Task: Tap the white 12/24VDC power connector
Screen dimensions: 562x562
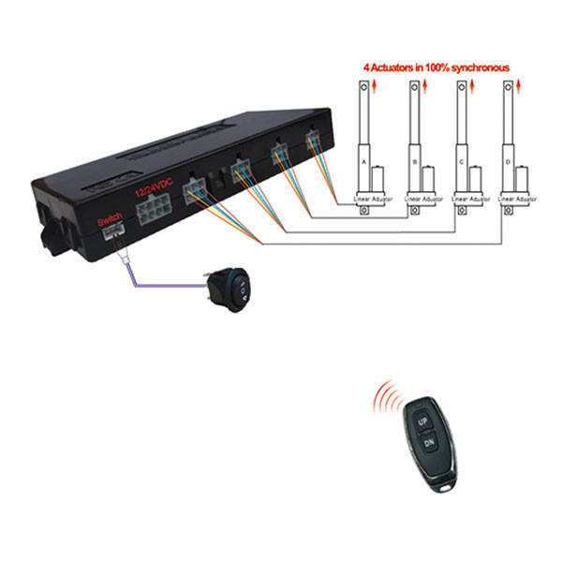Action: tap(151, 214)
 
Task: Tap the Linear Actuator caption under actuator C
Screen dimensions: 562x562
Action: tap(469, 200)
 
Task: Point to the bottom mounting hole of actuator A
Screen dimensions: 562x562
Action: tap(364, 212)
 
